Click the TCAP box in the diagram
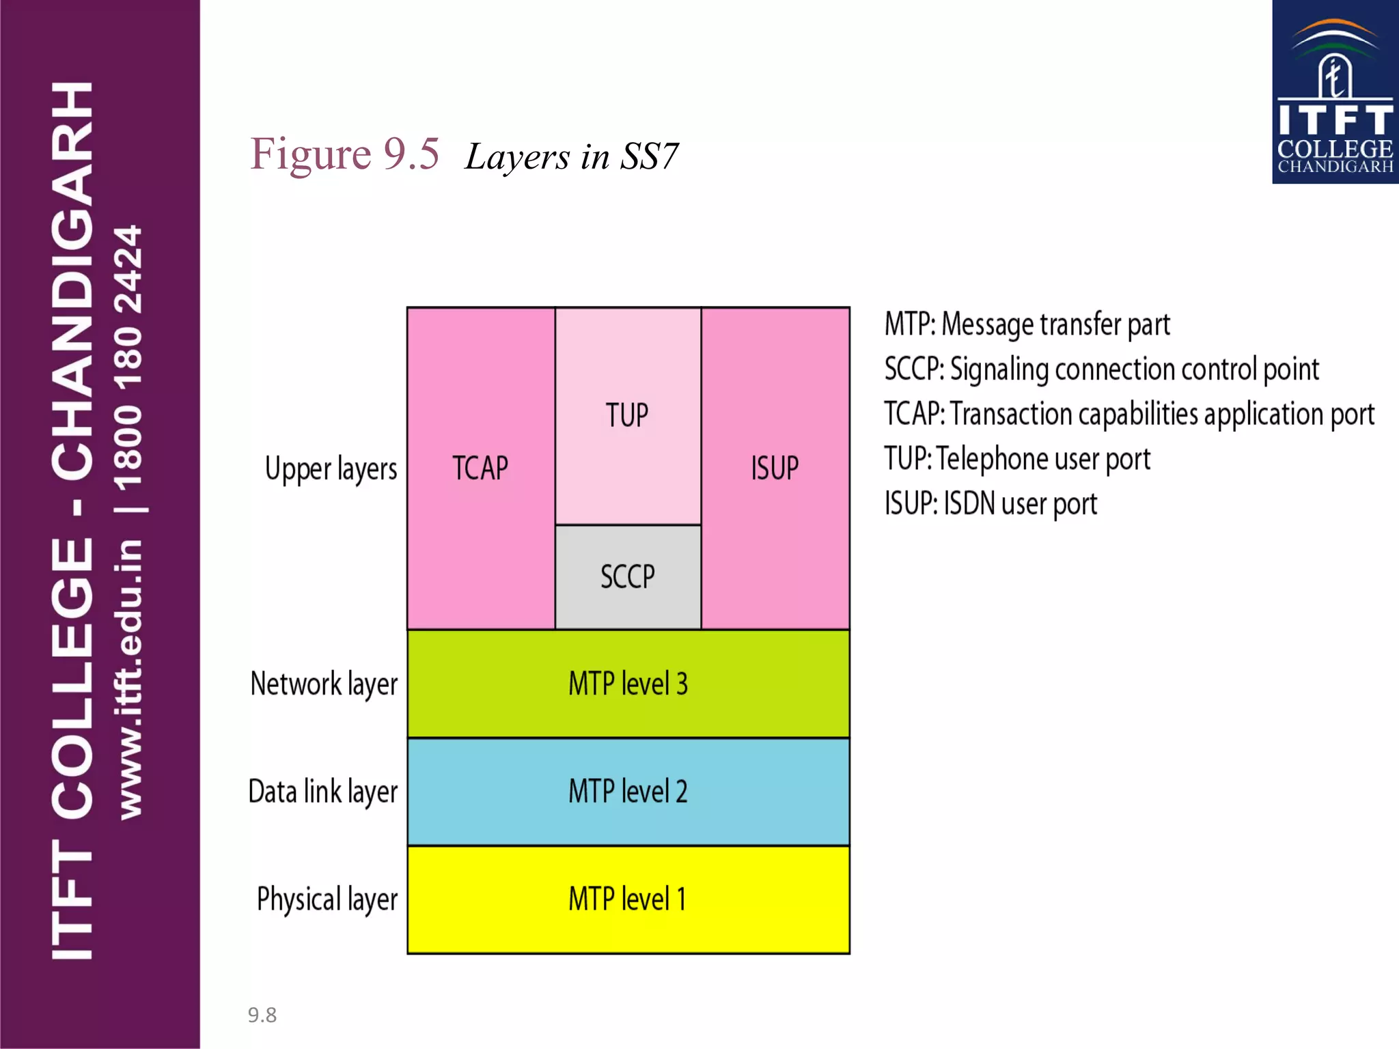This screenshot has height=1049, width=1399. click(481, 468)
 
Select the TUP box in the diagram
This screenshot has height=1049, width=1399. click(627, 415)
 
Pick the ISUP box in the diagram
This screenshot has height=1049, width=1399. click(775, 468)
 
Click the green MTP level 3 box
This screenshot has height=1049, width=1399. click(628, 684)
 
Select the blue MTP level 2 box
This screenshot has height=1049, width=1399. click(628, 792)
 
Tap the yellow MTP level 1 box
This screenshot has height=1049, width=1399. click(628, 899)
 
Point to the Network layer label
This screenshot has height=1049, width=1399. click(324, 684)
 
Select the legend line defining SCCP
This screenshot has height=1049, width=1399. click(1101, 369)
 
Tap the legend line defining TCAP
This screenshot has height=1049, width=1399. click(1128, 415)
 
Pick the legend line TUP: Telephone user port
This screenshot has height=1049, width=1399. click(1017, 459)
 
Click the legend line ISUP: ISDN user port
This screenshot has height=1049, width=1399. click(991, 504)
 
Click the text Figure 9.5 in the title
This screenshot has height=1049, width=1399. click(344, 154)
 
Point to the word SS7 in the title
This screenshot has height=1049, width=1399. click(649, 157)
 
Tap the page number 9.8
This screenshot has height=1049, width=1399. click(262, 1015)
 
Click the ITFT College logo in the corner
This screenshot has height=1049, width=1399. click(1335, 92)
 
